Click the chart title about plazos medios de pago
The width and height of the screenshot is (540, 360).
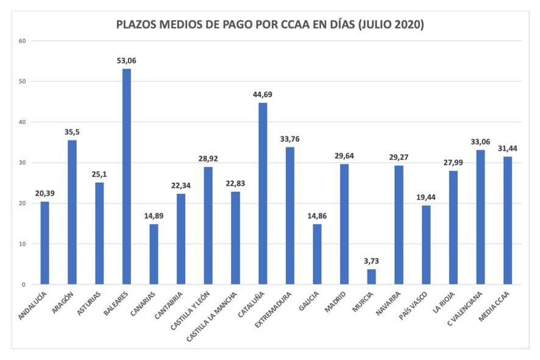tap(270, 26)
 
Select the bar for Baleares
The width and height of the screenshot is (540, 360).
tap(126, 177)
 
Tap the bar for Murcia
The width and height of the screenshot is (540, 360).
tap(371, 277)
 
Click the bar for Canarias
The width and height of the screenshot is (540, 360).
tap(154, 254)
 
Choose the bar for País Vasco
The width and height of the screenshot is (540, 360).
tap(425, 245)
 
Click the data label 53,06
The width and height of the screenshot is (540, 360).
tap(127, 60)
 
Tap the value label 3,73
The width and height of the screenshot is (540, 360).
tap(371, 261)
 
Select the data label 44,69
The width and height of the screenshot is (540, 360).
tap(263, 94)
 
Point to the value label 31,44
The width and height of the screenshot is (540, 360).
tap(507, 148)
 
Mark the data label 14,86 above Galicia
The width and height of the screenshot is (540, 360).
tap(317, 216)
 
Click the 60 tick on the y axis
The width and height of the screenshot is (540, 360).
tap(23, 41)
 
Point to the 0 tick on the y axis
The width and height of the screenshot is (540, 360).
tap(24, 284)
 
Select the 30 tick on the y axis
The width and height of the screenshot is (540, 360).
tap(23, 163)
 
